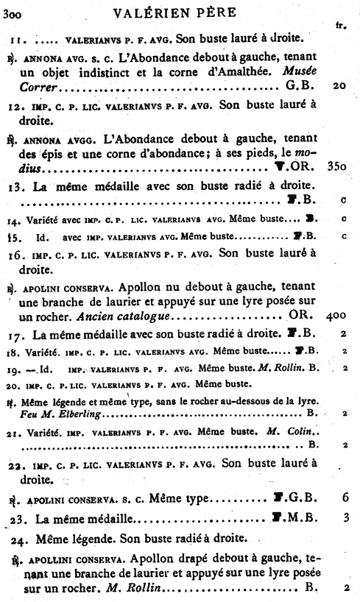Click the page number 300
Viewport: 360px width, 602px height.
pos(12,11)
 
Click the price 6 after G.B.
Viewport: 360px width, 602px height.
pos(345,497)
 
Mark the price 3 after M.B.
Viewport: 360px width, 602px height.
pos(345,517)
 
